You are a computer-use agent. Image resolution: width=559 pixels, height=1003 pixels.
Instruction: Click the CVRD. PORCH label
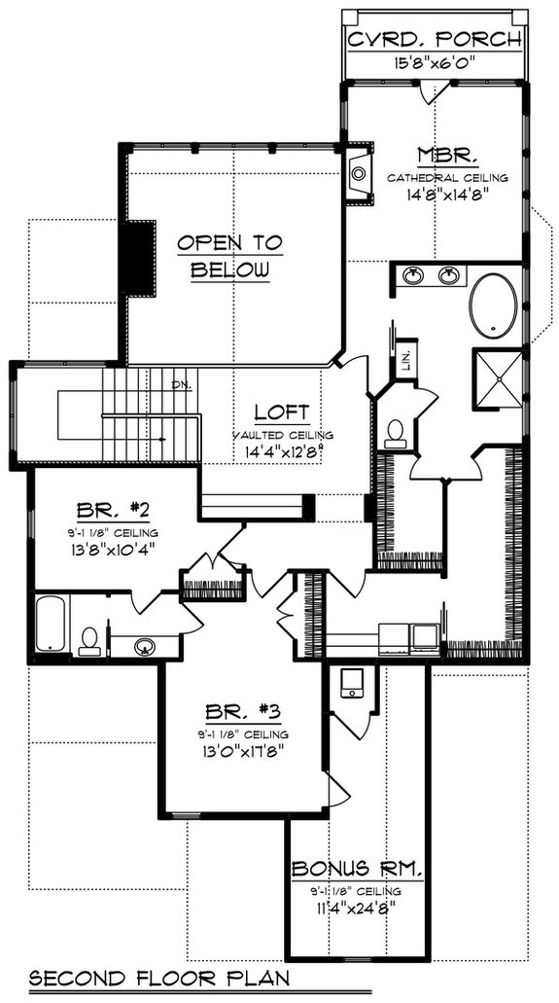pos(436,41)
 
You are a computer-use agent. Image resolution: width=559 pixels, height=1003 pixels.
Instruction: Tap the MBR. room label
pos(433,156)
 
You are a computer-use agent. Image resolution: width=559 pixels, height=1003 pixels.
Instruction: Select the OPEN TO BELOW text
pos(229,257)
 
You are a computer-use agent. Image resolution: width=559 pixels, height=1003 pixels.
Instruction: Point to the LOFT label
pos(283,412)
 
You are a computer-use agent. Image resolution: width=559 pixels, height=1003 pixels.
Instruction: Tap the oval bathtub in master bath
pos(497,304)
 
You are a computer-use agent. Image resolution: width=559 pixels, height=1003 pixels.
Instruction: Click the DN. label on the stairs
pos(181,384)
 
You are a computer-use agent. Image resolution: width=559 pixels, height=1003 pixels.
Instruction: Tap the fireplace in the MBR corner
pos(359,174)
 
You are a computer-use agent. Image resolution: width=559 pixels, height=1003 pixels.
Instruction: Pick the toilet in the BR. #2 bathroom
pos(89,639)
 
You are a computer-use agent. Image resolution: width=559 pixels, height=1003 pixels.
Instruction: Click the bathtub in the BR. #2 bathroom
pos(51,624)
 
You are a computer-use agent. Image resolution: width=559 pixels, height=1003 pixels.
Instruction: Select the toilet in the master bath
pos(395,432)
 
